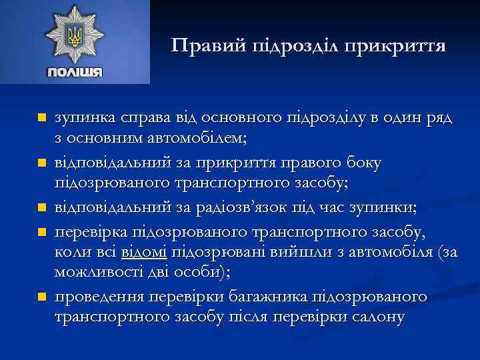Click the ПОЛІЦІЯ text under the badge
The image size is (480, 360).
[x=74, y=71]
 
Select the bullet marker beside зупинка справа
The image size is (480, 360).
[x=42, y=118]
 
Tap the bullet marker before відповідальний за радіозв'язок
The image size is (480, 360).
[x=42, y=208]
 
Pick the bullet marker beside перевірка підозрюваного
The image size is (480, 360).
[x=42, y=231]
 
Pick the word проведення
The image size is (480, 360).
[x=97, y=295]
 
